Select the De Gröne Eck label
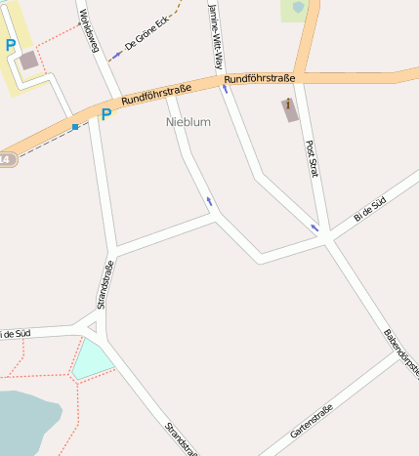tap(147, 36)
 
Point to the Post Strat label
tap(313, 158)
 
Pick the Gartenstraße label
tap(313, 420)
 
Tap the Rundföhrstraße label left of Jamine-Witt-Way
tap(156, 95)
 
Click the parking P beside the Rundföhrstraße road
tap(105, 114)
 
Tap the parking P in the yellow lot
tap(11, 45)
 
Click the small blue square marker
tap(74, 127)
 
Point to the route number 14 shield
tap(6, 159)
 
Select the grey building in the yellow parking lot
tap(29, 61)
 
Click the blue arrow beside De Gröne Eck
tap(116, 55)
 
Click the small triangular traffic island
tap(93, 327)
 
